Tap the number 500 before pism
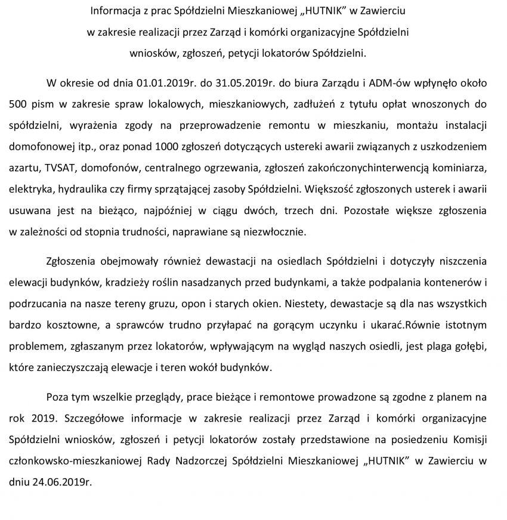18,103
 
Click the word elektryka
30,189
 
